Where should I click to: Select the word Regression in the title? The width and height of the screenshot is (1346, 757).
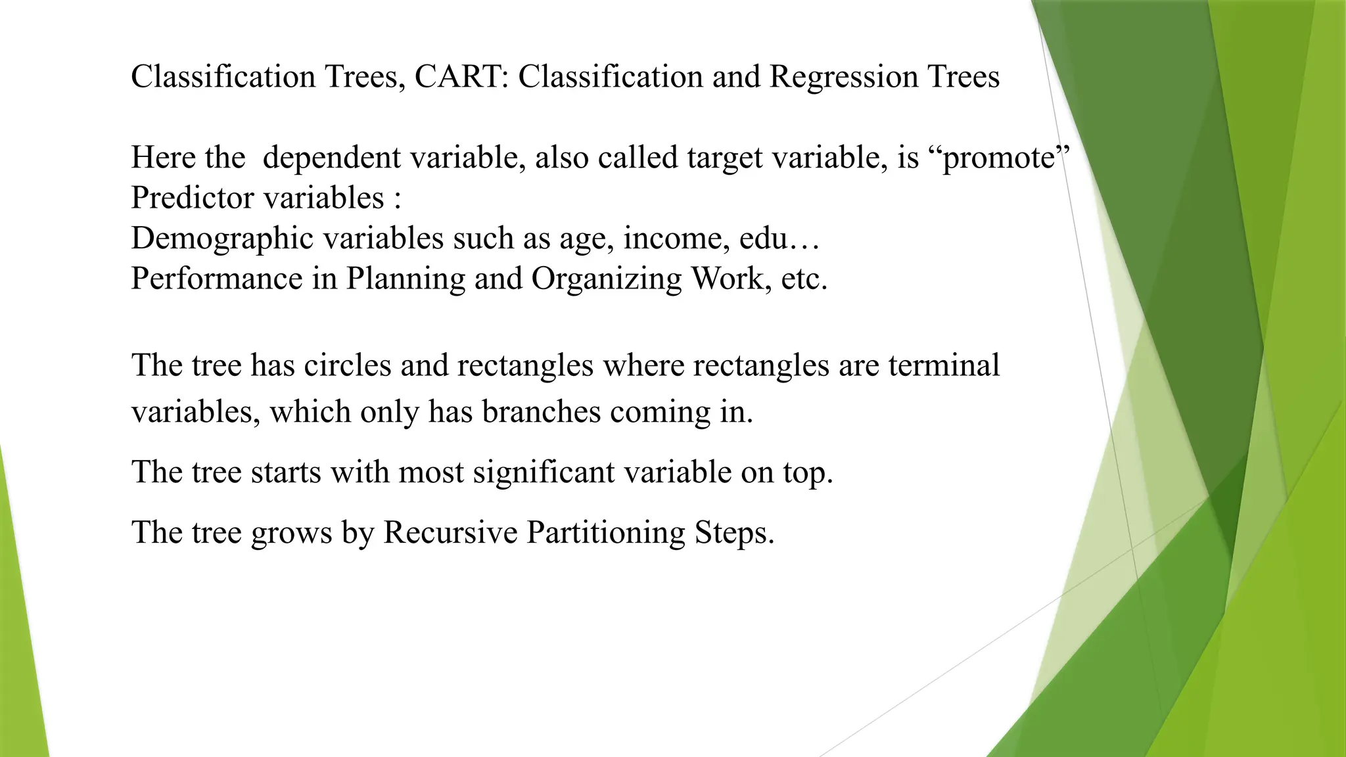[843, 76]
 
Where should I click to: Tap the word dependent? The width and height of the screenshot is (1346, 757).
[331, 158]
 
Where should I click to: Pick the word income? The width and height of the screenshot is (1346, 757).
[676, 238]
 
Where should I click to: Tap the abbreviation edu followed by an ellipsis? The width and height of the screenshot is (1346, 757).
[779, 238]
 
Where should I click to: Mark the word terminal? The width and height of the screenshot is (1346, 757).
[944, 365]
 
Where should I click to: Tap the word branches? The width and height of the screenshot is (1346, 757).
[541, 412]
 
